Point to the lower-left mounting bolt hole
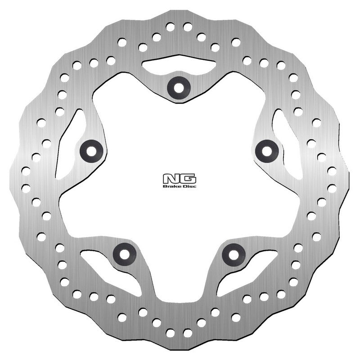coord(125,254)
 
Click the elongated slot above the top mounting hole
coord(179,66)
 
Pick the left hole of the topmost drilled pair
coord(170,27)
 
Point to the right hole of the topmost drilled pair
coord(187,27)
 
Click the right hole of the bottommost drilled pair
coord(187,333)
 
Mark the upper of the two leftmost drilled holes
coord(26,171)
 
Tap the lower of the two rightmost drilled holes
coord(332,188)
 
